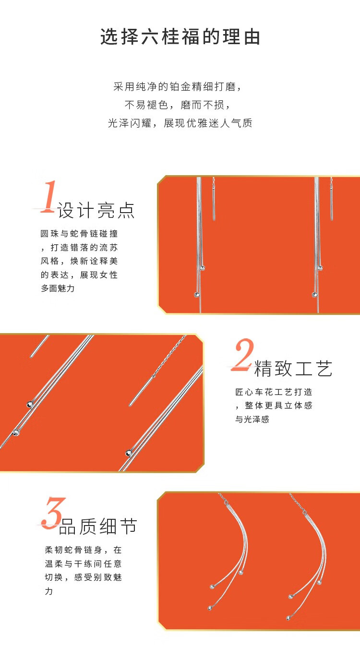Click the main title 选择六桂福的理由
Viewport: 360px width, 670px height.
[x=180, y=37]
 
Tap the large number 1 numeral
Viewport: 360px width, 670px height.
[x=48, y=196]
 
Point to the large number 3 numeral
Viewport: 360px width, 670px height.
[x=54, y=513]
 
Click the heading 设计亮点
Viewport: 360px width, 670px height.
[x=96, y=211]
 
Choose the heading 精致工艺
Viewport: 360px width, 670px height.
[x=293, y=368]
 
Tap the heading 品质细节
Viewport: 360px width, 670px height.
[x=98, y=526]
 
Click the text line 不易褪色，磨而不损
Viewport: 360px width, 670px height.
[x=177, y=105]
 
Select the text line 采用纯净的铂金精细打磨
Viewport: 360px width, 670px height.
[x=177, y=87]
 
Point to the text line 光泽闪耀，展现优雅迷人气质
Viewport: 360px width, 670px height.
[x=180, y=123]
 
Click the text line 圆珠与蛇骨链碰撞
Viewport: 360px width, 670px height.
[x=79, y=234]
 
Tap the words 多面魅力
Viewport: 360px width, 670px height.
[x=58, y=288]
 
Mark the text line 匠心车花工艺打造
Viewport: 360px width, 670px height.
[x=274, y=392]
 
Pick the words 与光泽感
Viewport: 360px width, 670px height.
[x=252, y=419]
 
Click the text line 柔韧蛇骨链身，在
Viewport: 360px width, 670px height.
[x=83, y=550]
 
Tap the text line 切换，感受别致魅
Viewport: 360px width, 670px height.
[x=83, y=577]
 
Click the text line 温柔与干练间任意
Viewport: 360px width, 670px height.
[x=83, y=564]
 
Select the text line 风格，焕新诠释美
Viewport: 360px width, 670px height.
[x=79, y=261]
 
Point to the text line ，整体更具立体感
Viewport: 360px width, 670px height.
[x=274, y=406]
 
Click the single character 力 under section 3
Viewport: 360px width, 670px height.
[x=49, y=591]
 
